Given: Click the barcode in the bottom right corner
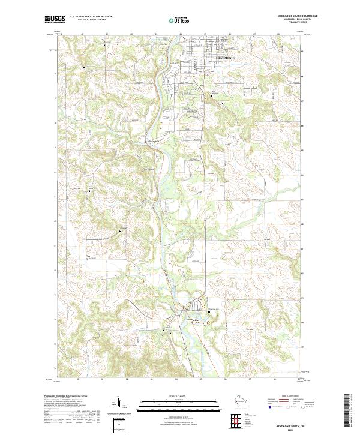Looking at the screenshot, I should [349, 414].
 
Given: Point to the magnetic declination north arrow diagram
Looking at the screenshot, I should [119, 404].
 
